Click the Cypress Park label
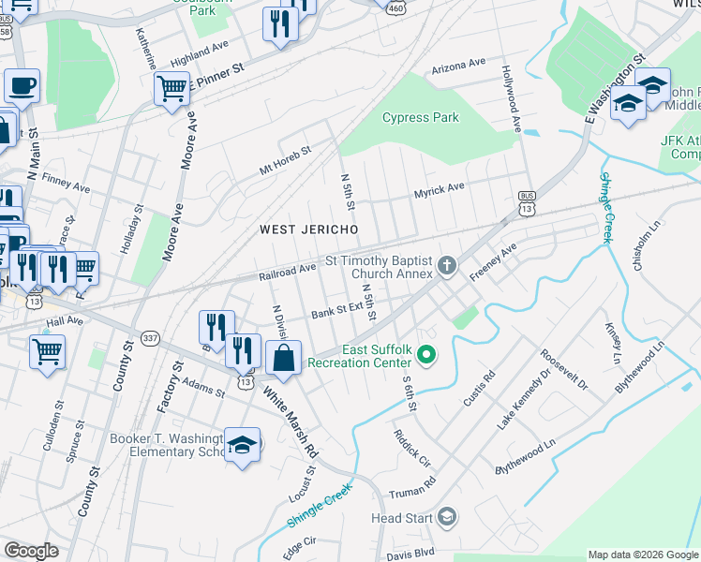tap(421, 118)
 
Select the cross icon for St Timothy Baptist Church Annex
tap(446, 267)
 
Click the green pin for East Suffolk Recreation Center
tap(426, 355)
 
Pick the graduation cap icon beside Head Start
tap(447, 517)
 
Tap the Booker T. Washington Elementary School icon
tap(242, 444)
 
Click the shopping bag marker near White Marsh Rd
tap(283, 357)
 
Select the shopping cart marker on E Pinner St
tap(172, 89)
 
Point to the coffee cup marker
tap(22, 86)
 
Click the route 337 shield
tap(149, 337)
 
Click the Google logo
tap(31, 551)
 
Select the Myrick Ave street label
tap(440, 188)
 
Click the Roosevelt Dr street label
tap(562, 372)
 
